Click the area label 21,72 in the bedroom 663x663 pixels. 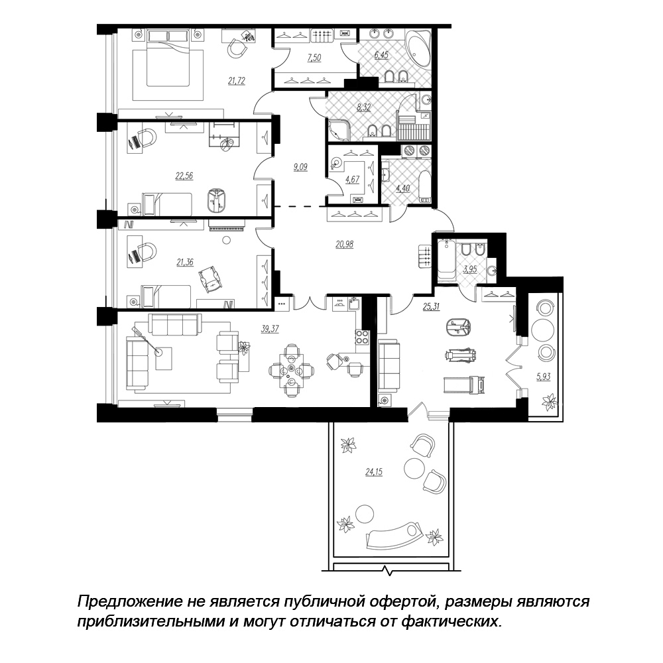[x=237, y=80]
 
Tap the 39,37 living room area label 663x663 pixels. [x=270, y=329]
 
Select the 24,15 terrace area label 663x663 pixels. [x=374, y=472]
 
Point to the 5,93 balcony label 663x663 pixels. [x=544, y=376]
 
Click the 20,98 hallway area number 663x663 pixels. [x=344, y=244]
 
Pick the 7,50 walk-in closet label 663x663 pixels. [x=314, y=58]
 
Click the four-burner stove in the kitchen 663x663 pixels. [x=361, y=337]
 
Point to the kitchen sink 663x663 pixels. [x=354, y=304]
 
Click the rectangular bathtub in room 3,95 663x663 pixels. [x=446, y=260]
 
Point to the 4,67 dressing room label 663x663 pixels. [x=352, y=179]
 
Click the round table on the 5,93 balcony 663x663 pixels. [x=543, y=329]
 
